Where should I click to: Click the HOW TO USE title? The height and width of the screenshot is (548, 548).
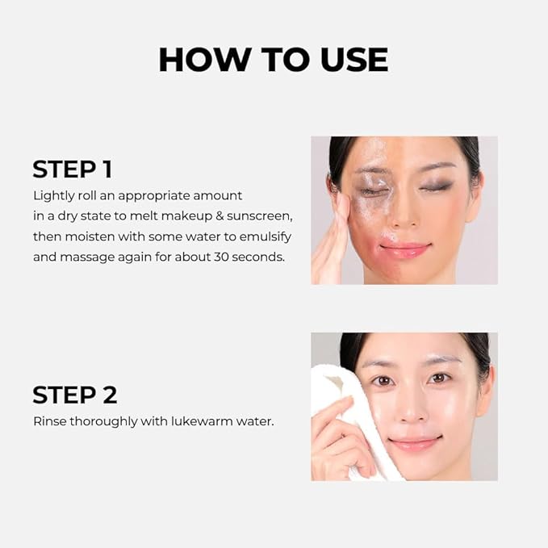pos(273,60)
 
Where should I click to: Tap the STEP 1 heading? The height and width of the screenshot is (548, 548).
pos(72,169)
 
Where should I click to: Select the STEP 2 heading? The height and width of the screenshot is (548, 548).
pos(74,395)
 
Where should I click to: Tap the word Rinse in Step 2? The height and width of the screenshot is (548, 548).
pos(49,421)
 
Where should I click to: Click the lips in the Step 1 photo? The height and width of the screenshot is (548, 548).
pos(404,249)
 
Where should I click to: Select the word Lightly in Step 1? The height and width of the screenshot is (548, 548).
pos(55,196)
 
